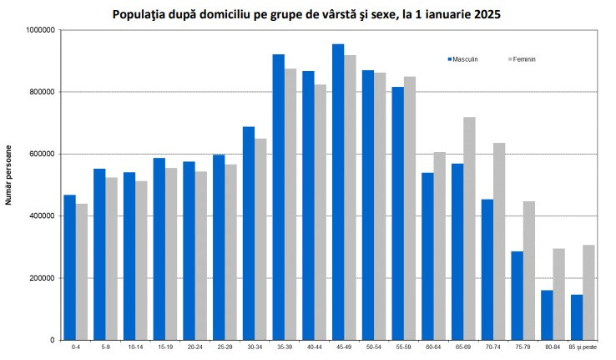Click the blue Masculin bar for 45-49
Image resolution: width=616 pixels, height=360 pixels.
338,192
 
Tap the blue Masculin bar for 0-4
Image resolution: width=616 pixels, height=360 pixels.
69,267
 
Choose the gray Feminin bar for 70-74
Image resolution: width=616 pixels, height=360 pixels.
499,241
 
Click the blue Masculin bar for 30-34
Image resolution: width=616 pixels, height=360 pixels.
249,233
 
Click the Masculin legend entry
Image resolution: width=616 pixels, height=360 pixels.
463,60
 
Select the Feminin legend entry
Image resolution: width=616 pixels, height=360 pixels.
523,60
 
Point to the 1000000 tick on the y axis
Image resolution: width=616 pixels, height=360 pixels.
41,30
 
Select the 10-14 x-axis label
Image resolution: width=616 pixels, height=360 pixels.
135,347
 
